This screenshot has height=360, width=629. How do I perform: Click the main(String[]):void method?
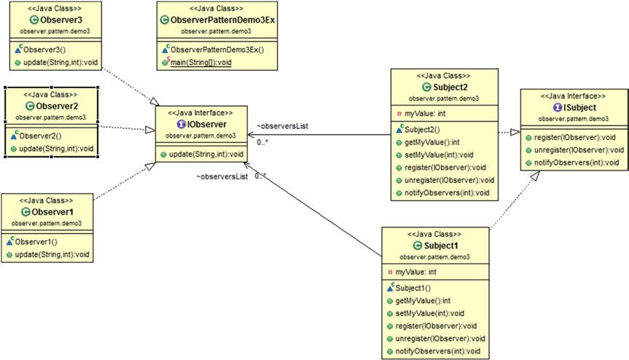pyautogui.click(x=203, y=63)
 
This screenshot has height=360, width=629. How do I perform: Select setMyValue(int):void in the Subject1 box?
pyautogui.click(x=430, y=313)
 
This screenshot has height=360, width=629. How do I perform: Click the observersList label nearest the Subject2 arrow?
pyautogui.click(x=283, y=126)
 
